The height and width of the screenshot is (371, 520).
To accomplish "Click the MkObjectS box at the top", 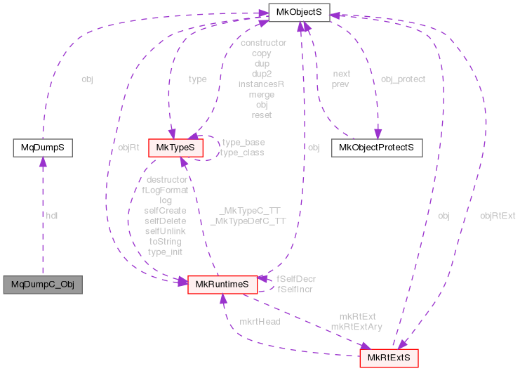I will coord(299,13).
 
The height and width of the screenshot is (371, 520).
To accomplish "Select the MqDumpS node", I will coord(43,148).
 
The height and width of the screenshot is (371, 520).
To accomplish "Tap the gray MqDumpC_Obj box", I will coord(42,285).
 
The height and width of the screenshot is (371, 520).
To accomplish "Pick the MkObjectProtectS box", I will coord(376,148).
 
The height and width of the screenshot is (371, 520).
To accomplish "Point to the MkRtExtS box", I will coord(389,358).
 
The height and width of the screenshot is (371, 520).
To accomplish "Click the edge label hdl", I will coord(51,216).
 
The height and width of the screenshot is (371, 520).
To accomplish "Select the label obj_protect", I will coord(402,79).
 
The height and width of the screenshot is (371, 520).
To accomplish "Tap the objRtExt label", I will coord(497,216).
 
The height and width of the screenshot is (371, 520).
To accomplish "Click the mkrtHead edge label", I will coord(260,321).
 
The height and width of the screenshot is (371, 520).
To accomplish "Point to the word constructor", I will coord(262,43).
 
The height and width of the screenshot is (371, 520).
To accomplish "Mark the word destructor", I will coord(166,180).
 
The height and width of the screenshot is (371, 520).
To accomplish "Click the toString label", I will coord(166,241).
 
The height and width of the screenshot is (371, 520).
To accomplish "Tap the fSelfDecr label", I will coord(295,279).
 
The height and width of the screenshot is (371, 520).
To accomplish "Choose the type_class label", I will coord(242,152).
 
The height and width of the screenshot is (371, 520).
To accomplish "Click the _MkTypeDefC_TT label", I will coord(248,221).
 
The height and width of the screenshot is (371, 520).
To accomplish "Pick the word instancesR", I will coord(261,84).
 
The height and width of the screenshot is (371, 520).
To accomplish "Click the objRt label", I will coord(127,148).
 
